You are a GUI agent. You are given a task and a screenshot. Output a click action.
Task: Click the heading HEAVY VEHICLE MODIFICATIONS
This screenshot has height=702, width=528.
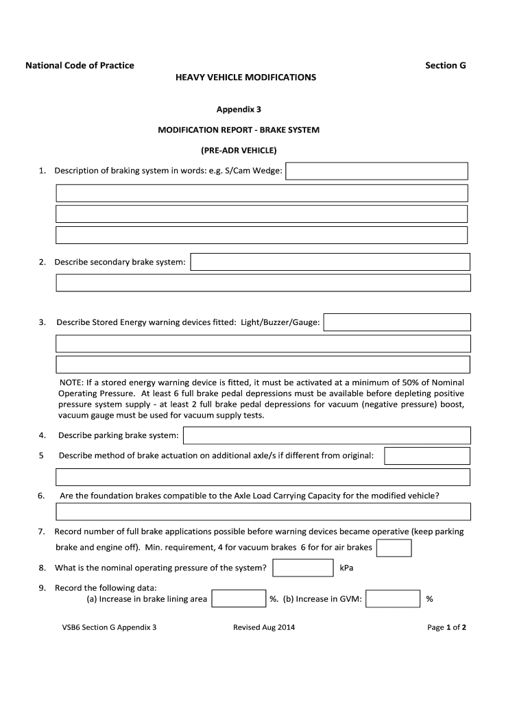pos(246,77)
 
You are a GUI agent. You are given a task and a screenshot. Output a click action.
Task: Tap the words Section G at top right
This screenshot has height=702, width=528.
pos(445,65)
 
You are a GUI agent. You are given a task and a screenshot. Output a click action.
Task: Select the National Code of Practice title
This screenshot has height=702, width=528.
pos(80,65)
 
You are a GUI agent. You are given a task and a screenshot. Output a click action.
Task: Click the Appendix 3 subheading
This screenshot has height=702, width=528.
pos(239,109)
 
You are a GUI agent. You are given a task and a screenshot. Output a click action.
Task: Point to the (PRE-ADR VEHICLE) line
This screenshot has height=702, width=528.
pos(239,150)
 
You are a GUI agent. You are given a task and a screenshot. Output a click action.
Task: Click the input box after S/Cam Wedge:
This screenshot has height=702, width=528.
pos(376,171)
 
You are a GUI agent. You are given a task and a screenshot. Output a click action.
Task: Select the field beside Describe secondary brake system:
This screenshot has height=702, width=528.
pos(330,262)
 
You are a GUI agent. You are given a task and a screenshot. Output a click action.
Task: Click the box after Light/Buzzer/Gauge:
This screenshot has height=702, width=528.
pos(397,322)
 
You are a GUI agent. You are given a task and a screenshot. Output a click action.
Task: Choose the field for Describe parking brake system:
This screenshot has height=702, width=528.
pos(326,435)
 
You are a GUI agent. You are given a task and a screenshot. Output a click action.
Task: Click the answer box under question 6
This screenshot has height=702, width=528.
pos(263,511)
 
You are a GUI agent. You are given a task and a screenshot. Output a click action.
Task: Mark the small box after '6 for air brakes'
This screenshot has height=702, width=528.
pos(394,548)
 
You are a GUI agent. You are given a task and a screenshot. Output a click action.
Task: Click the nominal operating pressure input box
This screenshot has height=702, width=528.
pos(302,568)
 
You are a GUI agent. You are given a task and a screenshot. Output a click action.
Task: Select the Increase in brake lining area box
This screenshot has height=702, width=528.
pos(238,599)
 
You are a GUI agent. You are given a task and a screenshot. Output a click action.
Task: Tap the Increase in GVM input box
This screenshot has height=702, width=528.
pos(393,599)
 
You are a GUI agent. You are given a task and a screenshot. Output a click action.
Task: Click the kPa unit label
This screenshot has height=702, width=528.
pos(346,568)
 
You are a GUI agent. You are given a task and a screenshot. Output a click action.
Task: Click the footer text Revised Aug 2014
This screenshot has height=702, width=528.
pos(264,627)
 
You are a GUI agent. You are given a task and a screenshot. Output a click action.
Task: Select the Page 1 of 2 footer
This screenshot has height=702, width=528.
pos(446,627)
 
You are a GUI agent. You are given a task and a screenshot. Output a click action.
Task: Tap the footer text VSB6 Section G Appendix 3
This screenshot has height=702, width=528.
pos(109,627)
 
